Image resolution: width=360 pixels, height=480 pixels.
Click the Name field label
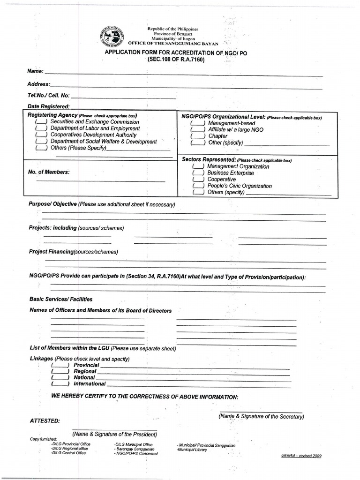pos(36,71)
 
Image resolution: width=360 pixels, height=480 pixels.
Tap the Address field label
pos(38,84)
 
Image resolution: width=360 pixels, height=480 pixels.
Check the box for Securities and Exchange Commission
pos(41,122)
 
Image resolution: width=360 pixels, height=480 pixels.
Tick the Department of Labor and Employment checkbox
pos(41,128)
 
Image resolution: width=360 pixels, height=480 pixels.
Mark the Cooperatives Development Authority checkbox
pos(41,135)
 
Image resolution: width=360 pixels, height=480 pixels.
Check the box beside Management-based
pos(197,123)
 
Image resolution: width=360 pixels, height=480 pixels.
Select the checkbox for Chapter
pos(197,136)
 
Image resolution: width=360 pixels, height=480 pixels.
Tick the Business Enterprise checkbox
pos(199,173)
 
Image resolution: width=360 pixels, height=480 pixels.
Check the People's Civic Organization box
pos(199,186)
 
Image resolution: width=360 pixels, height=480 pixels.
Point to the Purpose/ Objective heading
pos(53,204)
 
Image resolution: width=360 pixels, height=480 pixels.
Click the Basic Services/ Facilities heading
pos(61,299)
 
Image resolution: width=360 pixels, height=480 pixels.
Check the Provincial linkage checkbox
pos(60,365)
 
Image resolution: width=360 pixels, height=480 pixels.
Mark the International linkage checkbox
pos(60,384)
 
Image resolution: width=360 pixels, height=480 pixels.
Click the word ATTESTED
pos(45,420)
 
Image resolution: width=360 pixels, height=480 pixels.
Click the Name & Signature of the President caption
pos(114,435)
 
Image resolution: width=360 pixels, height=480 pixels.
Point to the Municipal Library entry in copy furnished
pos(193,450)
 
